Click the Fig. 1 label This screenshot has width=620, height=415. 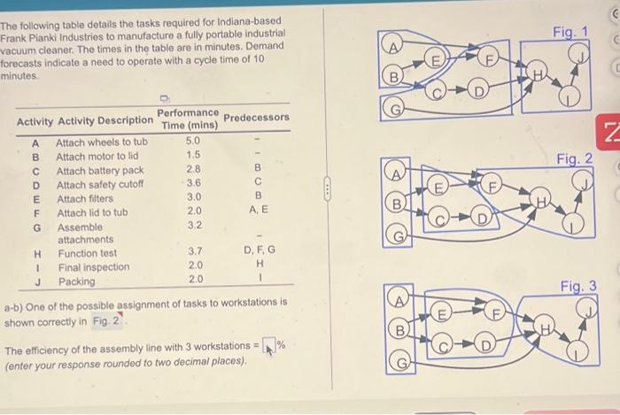570,32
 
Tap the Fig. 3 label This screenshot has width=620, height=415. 578,286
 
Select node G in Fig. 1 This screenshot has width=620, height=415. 395,109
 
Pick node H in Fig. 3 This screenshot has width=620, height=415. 545,327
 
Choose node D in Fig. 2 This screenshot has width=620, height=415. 481,218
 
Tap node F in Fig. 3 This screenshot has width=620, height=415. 496,312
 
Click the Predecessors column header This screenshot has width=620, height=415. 256,118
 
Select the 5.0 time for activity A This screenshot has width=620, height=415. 192,141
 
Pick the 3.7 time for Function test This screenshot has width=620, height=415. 195,251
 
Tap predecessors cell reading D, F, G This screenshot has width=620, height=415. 260,250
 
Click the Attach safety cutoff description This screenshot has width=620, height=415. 100,185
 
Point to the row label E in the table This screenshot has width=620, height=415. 36,200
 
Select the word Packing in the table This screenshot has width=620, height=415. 77,281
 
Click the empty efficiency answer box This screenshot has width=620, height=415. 269,345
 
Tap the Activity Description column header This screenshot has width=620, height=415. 105,120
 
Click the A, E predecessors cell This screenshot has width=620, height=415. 259,210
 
